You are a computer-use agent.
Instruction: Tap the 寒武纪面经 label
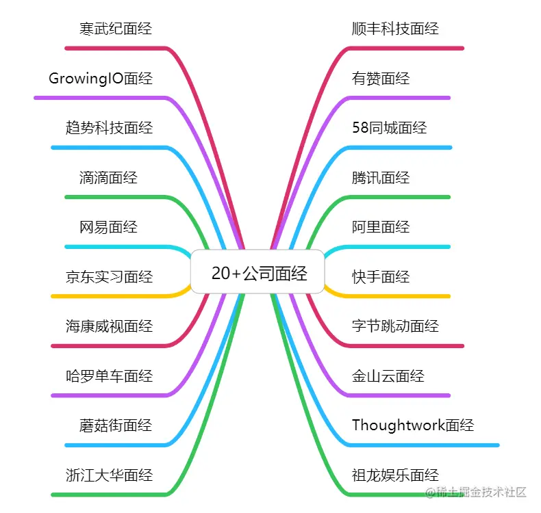(116, 29)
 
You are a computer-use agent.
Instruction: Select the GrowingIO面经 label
(101, 79)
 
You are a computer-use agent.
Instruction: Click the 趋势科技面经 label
(109, 128)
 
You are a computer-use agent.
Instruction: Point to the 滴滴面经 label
(109, 178)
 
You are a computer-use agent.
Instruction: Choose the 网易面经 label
(109, 227)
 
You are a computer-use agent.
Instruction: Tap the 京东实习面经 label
(109, 277)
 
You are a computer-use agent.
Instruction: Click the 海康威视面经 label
(109, 326)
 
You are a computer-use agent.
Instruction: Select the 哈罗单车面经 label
(109, 376)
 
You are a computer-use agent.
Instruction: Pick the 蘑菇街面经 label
(116, 425)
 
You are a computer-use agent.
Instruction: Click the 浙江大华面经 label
(109, 475)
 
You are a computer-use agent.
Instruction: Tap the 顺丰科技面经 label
(395, 29)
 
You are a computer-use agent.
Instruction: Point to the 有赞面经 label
(381, 79)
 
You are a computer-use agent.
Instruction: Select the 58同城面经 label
(389, 128)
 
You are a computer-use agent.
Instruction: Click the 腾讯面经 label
(381, 178)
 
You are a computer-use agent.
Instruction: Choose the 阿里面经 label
(381, 227)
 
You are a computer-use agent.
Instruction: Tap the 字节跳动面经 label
(395, 326)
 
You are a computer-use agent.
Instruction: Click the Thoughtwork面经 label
(413, 425)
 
